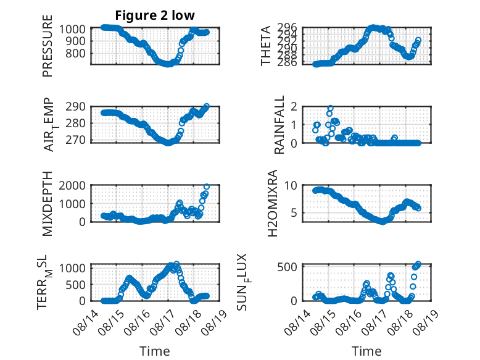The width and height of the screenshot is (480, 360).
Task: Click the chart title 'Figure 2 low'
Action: [x=155, y=15]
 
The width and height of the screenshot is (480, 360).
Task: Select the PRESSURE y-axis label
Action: [x=48, y=46]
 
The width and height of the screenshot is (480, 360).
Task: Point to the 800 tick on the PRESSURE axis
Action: [x=75, y=54]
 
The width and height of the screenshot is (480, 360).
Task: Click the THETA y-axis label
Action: [x=266, y=46]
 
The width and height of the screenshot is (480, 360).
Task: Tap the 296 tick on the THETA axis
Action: [x=287, y=28]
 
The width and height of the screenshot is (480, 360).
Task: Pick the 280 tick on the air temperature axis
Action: [x=75, y=123]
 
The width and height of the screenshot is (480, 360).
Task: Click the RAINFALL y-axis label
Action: [x=279, y=125]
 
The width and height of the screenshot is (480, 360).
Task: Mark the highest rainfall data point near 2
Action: [x=330, y=108]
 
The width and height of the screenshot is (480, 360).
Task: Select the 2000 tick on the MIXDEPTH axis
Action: [x=72, y=186]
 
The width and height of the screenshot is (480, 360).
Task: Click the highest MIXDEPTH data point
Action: [x=207, y=186]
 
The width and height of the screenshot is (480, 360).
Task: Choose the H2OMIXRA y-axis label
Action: [x=273, y=203]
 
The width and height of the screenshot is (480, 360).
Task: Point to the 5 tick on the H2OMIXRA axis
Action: [x=294, y=212]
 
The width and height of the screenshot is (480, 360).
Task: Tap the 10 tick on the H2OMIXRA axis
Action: [x=291, y=186]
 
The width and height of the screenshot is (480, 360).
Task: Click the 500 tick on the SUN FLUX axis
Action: [x=287, y=267]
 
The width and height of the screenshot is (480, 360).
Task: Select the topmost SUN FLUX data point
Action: [x=418, y=264]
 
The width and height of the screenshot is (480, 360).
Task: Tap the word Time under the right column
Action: [x=366, y=351]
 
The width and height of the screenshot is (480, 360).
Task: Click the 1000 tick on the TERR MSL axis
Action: [x=72, y=269]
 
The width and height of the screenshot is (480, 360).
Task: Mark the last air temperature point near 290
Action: [x=207, y=106]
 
